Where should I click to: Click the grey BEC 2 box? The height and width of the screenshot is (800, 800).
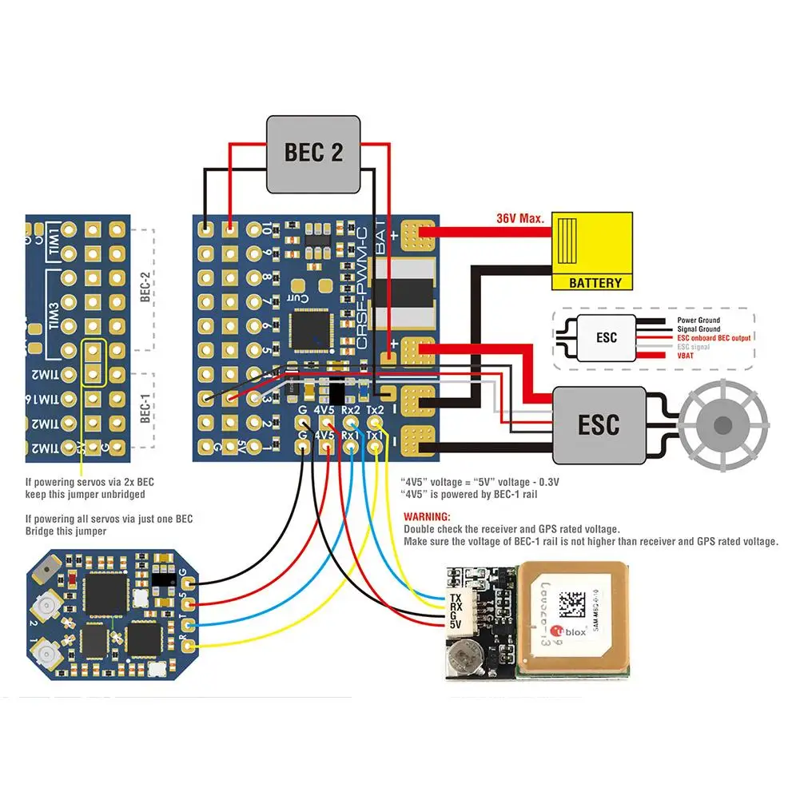point(314,153)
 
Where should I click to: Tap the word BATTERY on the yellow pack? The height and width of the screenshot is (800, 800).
point(595,283)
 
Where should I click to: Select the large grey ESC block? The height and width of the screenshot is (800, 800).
point(599,425)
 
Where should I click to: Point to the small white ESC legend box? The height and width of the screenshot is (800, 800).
point(607,337)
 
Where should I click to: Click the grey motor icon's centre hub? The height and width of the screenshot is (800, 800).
point(722,424)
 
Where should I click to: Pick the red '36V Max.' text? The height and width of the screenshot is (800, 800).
point(519,218)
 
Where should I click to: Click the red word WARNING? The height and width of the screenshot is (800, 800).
point(428,517)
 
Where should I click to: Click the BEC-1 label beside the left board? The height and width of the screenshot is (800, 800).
point(145,408)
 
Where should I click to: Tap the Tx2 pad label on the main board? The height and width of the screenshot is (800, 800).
point(375,411)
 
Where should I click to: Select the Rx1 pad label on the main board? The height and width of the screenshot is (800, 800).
point(350,435)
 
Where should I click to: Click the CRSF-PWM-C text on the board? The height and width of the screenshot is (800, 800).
point(361,289)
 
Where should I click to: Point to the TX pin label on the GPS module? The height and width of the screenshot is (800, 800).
point(456,598)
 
